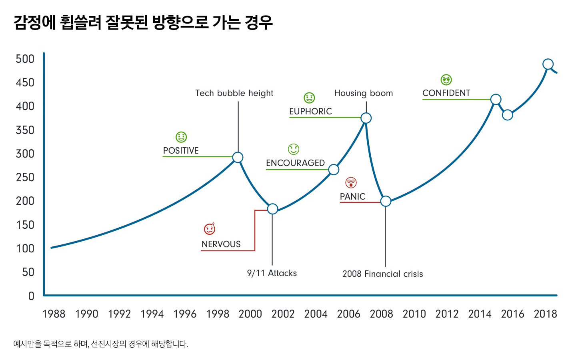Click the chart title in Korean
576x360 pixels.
tap(143, 22)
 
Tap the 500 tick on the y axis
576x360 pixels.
tap(25, 59)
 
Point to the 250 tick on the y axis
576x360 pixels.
tap(25, 177)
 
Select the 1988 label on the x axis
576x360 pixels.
tap(54, 314)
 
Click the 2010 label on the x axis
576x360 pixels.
tap(414, 314)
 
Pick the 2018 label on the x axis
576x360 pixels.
tap(545, 314)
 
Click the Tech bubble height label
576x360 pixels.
tap(234, 93)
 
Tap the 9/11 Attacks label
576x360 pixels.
tap(272, 273)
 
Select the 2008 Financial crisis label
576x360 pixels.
tap(382, 274)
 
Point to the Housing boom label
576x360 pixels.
tap(363, 93)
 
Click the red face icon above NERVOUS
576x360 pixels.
tap(210, 229)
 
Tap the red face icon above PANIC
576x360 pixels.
tap(351, 183)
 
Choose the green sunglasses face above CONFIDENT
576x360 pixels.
tap(446, 80)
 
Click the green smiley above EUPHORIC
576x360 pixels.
tap(309, 98)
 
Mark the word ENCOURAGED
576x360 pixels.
tap(295, 163)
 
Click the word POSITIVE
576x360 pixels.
tap(181, 151)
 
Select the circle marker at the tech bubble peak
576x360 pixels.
tap(238, 157)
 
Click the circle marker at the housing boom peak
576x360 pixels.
tap(366, 118)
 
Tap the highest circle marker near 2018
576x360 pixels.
tap(548, 64)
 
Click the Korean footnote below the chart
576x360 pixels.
tap(100, 344)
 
